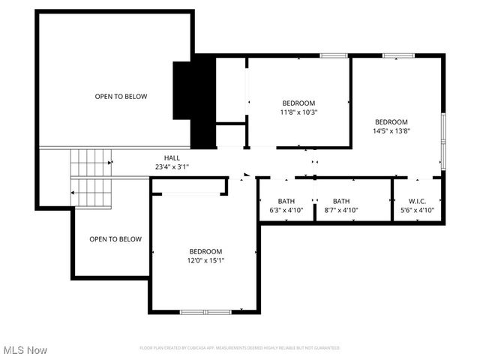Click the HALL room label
pyautogui.click(x=172, y=157)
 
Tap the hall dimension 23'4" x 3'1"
pyautogui.click(x=172, y=166)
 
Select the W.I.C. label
pyautogui.click(x=417, y=201)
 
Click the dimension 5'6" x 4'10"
pyautogui.click(x=417, y=210)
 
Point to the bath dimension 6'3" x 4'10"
pyautogui.click(x=286, y=210)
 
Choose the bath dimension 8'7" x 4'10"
pyautogui.click(x=340, y=210)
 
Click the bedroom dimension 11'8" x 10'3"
pyautogui.click(x=298, y=112)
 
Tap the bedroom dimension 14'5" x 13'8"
pyautogui.click(x=391, y=131)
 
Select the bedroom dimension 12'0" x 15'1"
pyautogui.click(x=205, y=260)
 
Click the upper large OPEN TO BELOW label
pyautogui.click(x=121, y=97)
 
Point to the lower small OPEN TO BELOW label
pyautogui.click(x=115, y=239)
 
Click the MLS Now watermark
pyautogui.click(x=25, y=350)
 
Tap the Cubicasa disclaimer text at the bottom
pyautogui.click(x=240, y=348)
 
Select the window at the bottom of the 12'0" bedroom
pyautogui.click(x=205, y=311)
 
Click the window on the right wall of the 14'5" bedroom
pyautogui.click(x=443, y=142)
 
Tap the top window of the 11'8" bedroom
pyautogui.click(x=333, y=55)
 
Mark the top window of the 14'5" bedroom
pyautogui.click(x=398, y=55)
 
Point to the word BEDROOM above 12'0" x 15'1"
pyautogui.click(x=205, y=251)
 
